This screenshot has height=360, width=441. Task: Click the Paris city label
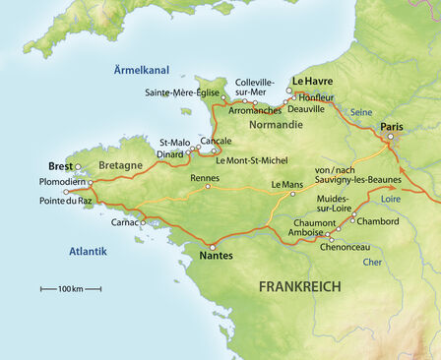point(392,127)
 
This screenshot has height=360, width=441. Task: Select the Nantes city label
point(216,257)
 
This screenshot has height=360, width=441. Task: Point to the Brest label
point(61,166)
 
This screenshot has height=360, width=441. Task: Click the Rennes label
point(205,178)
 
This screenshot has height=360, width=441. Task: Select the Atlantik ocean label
point(88,252)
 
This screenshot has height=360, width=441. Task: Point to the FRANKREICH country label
point(299,286)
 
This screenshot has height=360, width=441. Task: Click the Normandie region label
point(275,125)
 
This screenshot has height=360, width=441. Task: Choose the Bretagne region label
point(121,165)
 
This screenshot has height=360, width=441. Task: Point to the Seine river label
point(361,112)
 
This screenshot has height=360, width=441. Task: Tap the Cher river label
point(371,262)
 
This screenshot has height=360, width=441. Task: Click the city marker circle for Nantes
point(213,246)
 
